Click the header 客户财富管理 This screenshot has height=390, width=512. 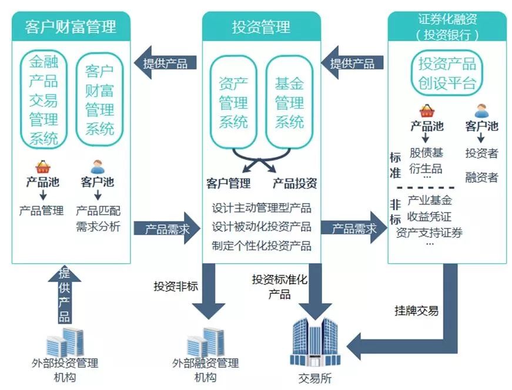point(71,26)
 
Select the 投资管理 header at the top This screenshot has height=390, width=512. point(261,27)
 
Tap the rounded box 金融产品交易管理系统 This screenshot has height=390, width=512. point(44,99)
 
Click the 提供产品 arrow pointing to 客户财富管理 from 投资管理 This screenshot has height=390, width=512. point(161,63)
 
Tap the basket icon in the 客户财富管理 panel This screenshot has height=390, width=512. point(43,167)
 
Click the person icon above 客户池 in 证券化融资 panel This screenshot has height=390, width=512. point(481,110)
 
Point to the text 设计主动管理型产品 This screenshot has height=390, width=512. point(262,208)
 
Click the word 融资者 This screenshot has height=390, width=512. point(481,177)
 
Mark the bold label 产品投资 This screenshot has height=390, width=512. point(295,184)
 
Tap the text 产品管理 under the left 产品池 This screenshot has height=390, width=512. point(41,210)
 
